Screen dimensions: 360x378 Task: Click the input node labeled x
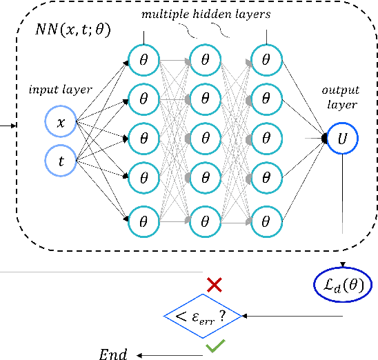click(x=61, y=123)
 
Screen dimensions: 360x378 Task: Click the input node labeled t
click(x=61, y=161)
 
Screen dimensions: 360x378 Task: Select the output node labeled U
click(x=343, y=139)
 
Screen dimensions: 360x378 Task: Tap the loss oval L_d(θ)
click(x=343, y=285)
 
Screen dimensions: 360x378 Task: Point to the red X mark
click(x=215, y=284)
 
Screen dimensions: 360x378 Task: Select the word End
click(x=112, y=355)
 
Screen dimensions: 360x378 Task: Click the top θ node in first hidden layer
click(x=144, y=60)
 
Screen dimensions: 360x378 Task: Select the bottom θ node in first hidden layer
click(x=144, y=221)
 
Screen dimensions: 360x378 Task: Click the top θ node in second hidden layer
click(x=205, y=60)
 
